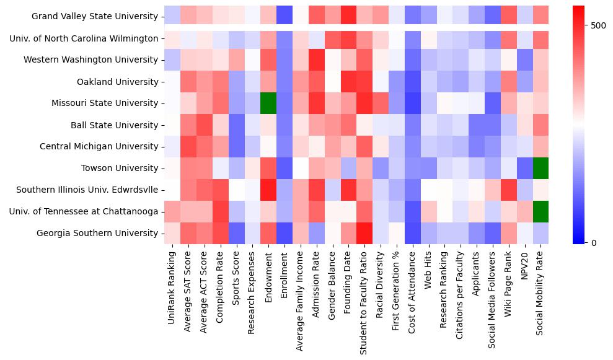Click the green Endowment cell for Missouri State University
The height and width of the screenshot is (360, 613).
pos(268,103)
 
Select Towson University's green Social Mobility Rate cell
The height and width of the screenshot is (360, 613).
pos(540,168)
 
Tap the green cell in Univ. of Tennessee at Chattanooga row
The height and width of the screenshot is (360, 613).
pos(540,211)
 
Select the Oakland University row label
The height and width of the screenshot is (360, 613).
pos(117,82)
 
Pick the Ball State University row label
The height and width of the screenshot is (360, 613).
pos(114,125)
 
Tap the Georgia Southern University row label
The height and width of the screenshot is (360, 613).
pos(98,233)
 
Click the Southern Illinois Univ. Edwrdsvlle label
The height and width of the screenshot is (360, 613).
pos(87,190)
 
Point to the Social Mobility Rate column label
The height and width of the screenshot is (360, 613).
pos(540,296)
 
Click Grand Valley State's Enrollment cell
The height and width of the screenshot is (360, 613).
pos(284,16)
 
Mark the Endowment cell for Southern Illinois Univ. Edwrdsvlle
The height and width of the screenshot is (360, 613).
pos(268,190)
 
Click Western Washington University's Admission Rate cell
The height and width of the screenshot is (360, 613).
pos(316,60)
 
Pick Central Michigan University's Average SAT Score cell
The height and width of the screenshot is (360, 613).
pos(188,146)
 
